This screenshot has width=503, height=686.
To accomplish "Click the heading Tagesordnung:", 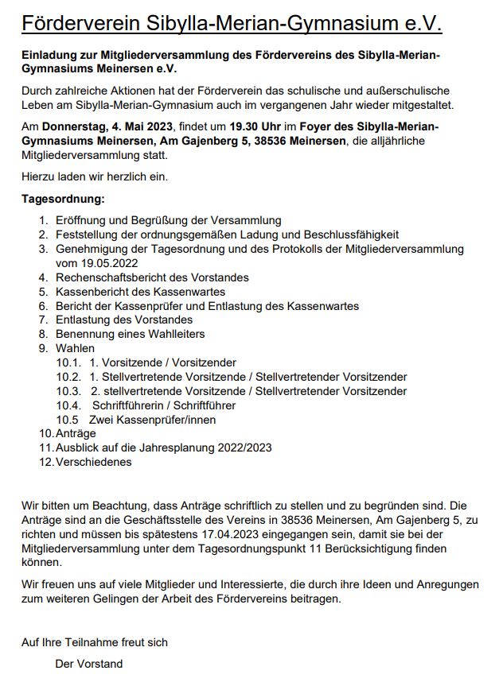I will pyautogui.click(x=63, y=198).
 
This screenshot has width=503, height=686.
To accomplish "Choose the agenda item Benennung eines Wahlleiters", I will pyautogui.click(x=131, y=334).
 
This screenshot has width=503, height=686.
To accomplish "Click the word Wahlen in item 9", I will pyautogui.click(x=75, y=348).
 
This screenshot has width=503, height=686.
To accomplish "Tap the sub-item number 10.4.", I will pyautogui.click(x=68, y=405).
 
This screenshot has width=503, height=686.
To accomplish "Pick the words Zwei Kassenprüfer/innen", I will pyautogui.click(x=152, y=420).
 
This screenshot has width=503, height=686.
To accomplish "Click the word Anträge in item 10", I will pyautogui.click(x=76, y=434).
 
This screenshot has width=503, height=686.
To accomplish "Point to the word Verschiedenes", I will pyautogui.click(x=93, y=462).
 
